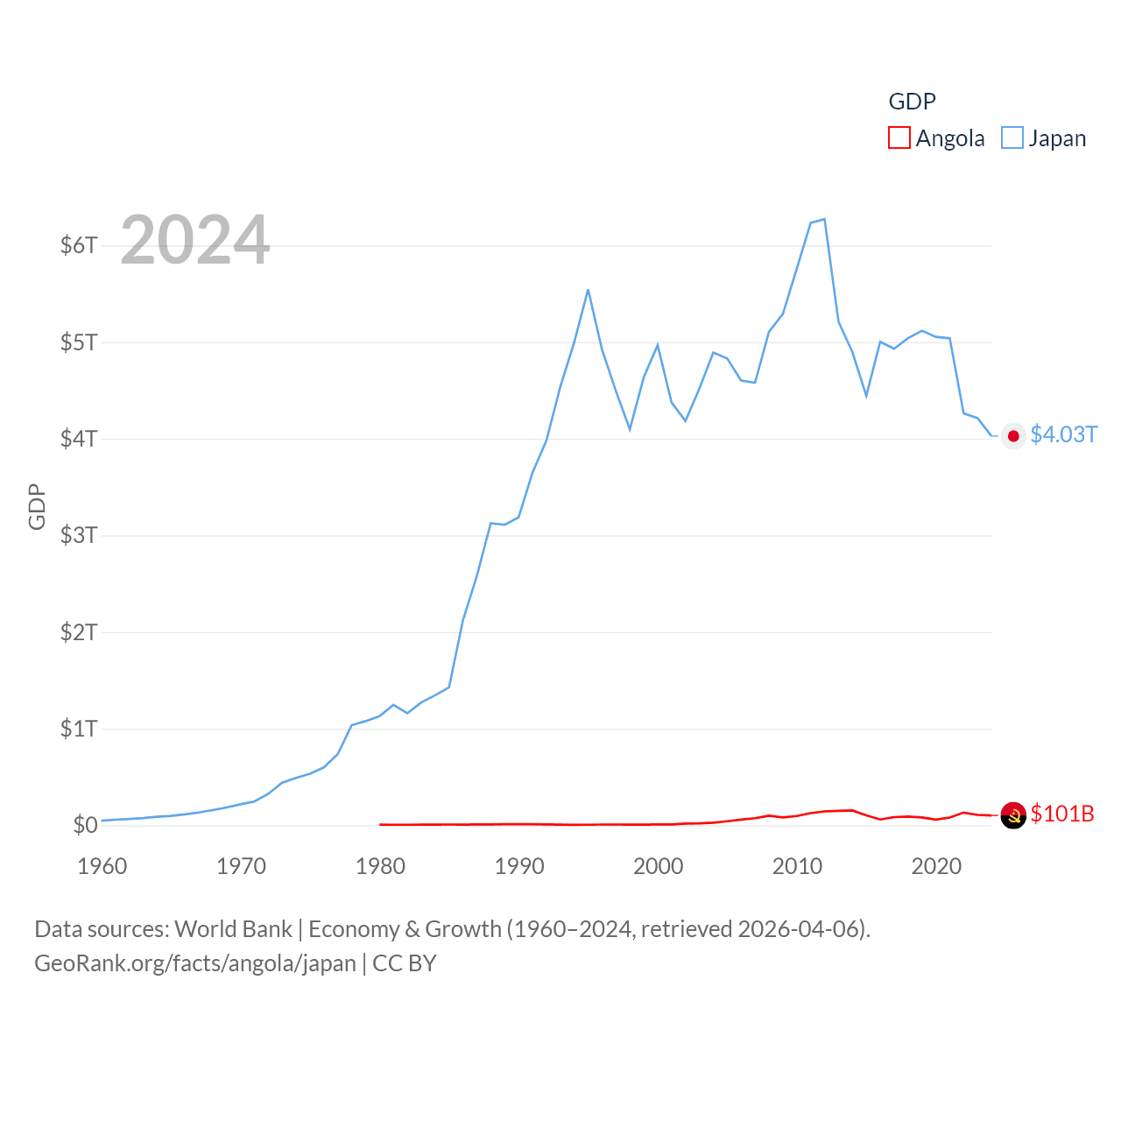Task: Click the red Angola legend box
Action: coord(899,138)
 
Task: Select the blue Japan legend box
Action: coord(1012,138)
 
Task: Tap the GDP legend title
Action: coord(912,102)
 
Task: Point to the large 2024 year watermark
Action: coord(194,240)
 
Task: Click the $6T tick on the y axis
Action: coord(79,245)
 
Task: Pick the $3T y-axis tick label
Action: coord(79,535)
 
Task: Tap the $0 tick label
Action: coord(85,825)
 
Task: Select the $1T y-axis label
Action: coord(79,729)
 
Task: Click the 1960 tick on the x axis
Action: coord(102,866)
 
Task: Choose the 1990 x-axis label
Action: coord(519,866)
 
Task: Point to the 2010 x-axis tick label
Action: coord(797,866)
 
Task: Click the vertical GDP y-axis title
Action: coord(37,506)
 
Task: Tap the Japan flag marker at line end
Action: coord(1013,436)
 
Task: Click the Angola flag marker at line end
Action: coord(1013,815)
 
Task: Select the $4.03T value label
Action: coord(1063,434)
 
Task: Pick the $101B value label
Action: coord(1062,814)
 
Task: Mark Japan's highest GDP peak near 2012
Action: coord(824,219)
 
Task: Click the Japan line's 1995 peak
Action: coord(588,290)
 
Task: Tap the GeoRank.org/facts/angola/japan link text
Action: coord(195,963)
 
